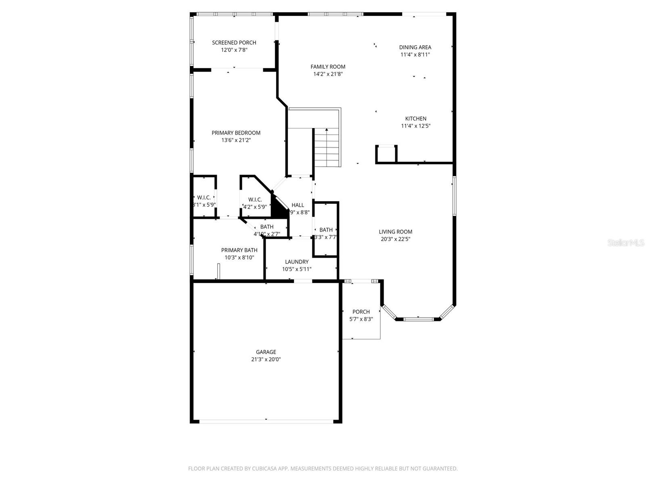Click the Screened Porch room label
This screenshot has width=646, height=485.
tap(234, 42)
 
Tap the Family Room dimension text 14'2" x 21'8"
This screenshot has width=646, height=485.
tap(328, 74)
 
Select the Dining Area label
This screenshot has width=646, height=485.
tap(415, 47)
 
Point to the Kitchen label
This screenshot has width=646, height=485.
tap(415, 118)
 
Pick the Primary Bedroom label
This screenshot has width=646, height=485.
tap(236, 133)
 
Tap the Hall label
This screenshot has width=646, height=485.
tap(298, 205)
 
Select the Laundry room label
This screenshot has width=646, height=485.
tap(296, 261)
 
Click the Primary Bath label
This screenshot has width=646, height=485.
tap(239, 250)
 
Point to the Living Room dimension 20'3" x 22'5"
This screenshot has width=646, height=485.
tap(395, 239)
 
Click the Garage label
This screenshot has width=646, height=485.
tap(266, 352)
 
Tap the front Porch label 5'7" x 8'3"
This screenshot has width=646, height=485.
tap(361, 315)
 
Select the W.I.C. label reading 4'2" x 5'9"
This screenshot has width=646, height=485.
tap(255, 203)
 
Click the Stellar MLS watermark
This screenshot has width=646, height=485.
tap(625, 242)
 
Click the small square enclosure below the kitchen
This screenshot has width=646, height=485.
tap(386, 154)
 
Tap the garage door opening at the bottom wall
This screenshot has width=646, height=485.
tap(266, 421)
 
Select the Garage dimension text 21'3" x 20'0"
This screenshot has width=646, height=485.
tap(266, 359)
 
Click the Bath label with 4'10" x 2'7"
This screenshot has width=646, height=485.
tap(266, 230)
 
